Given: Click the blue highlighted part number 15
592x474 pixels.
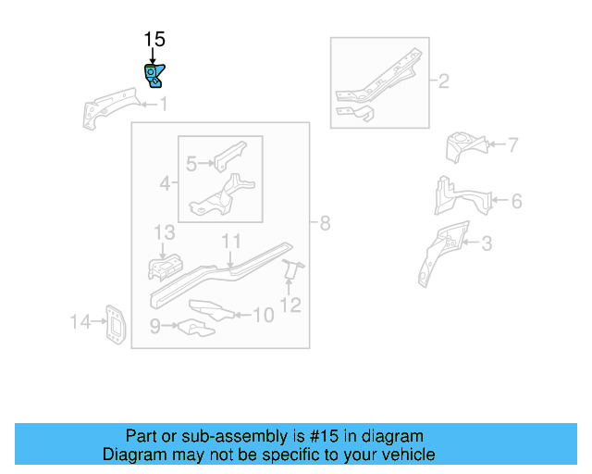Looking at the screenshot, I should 153,75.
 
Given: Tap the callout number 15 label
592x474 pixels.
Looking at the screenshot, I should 154,39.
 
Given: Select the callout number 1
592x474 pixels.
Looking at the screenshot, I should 164,105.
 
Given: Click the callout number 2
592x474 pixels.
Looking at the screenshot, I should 443,81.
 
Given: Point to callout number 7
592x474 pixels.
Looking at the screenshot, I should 512,144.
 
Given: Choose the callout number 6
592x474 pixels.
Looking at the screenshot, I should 516,201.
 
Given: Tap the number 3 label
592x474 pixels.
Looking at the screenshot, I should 487,243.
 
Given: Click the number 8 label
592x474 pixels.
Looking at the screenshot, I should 324,222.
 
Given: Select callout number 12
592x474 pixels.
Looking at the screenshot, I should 290,304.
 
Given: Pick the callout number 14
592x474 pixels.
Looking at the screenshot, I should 81,322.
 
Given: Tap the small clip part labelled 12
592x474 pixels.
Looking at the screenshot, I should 291,269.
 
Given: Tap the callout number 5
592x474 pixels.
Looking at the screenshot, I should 191,164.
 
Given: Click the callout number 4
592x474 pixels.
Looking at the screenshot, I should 165,183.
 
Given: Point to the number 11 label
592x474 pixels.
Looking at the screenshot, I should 230,241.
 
